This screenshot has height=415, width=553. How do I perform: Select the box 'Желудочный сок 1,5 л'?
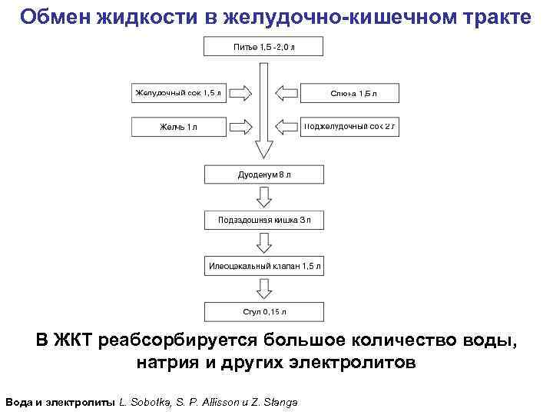(179, 94)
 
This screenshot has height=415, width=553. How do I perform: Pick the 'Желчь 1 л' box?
(179, 126)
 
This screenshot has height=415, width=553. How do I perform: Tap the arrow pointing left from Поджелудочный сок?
(287, 126)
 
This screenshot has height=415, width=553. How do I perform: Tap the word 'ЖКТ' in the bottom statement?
(78, 340)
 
